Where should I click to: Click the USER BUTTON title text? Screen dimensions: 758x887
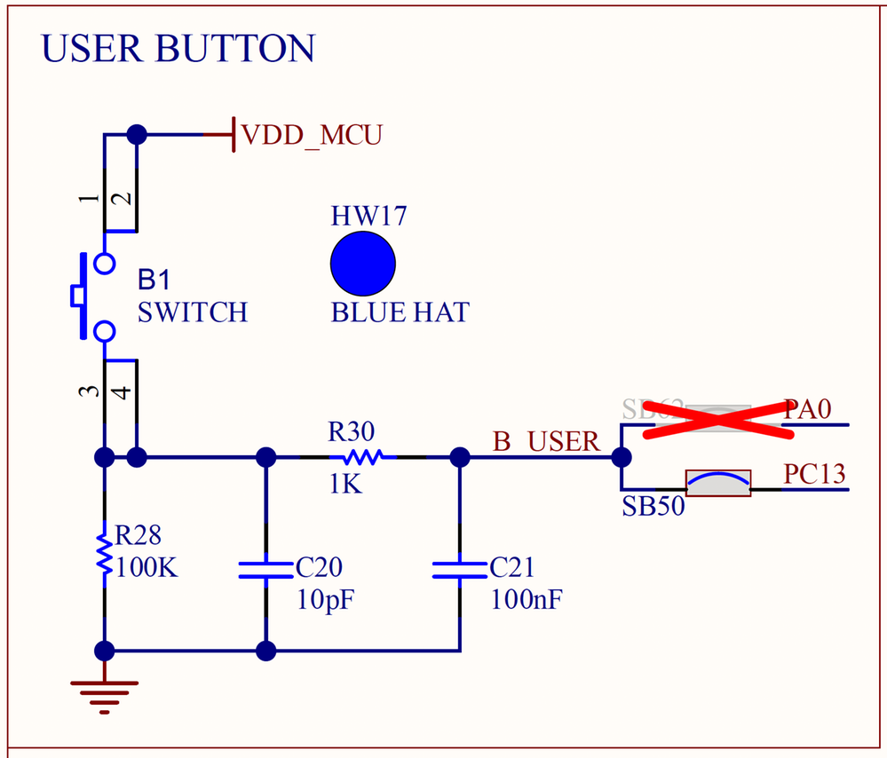[178, 49]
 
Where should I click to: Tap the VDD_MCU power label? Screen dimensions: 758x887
[312, 135]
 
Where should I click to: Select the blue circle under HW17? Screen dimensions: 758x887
[362, 264]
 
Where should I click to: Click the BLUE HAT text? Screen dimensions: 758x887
[400, 312]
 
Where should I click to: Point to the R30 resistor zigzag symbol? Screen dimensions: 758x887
[357, 458]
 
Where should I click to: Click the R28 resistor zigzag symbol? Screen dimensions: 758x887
[105, 555]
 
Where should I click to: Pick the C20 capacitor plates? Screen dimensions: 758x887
[265, 569]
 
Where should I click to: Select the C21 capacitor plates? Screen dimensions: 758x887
[459, 569]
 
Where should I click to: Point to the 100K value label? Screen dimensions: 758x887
[147, 567]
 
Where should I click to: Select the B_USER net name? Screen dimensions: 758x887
[546, 441]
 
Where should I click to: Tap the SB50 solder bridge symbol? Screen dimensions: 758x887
[718, 482]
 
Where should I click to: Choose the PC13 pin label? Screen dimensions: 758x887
[814, 474]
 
